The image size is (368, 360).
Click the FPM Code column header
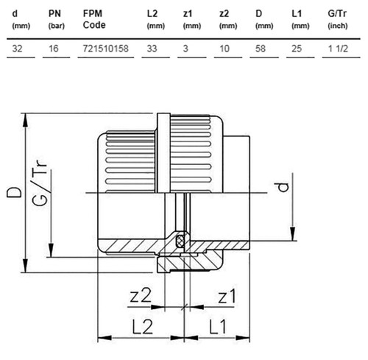point(94,19)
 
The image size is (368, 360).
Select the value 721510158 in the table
point(106,49)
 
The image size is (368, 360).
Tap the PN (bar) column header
point(56,19)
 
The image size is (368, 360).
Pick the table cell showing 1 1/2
point(338,49)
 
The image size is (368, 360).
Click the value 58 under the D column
point(261,49)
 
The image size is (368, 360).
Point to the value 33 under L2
point(152,49)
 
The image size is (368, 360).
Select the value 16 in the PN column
point(54,49)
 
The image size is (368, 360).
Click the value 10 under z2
point(224,49)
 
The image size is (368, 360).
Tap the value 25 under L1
point(297,49)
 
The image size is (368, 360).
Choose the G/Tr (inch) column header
point(338,19)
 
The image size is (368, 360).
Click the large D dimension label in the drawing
point(14,192)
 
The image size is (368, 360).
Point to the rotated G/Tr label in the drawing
point(39,182)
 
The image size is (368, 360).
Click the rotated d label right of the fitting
point(283,187)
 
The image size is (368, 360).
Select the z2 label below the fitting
point(141,295)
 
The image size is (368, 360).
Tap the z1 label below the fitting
point(227,296)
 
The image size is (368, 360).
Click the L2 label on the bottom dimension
point(142,327)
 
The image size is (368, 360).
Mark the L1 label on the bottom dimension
point(218,327)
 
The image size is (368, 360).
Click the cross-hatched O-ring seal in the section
point(181,240)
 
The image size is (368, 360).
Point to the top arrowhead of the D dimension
point(25,120)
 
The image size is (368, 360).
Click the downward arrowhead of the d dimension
point(292,234)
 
